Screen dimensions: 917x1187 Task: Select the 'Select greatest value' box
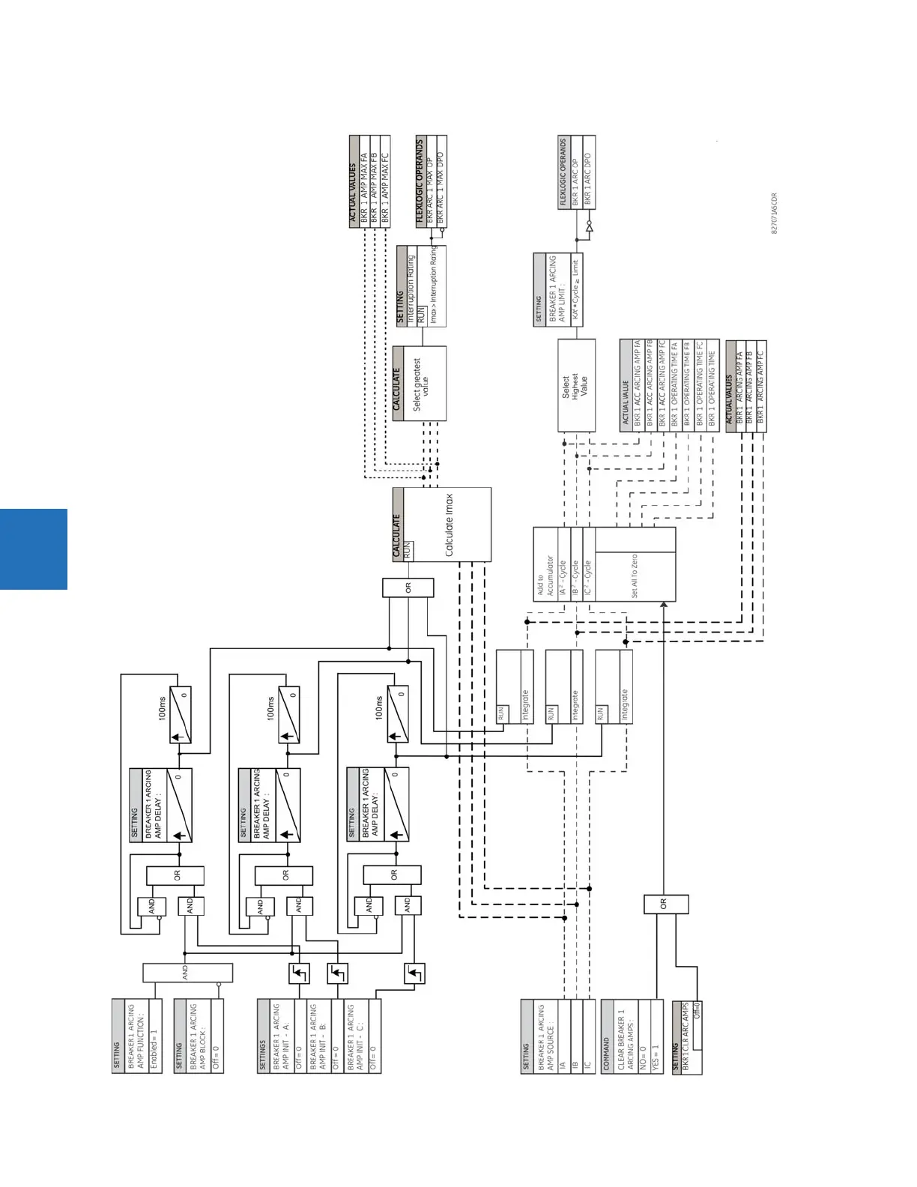420,384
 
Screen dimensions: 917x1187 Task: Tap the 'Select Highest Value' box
575,385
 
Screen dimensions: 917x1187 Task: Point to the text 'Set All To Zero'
634,576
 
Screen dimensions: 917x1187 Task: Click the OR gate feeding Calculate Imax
408,588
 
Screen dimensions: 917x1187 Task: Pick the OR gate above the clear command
665,904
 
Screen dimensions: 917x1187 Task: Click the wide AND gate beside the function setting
187,973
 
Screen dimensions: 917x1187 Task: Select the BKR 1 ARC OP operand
575,173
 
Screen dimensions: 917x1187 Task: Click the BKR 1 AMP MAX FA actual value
365,184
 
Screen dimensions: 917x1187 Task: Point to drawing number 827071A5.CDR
775,214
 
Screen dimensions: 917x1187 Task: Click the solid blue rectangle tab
34,549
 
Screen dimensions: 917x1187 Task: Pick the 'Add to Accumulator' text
545,576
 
